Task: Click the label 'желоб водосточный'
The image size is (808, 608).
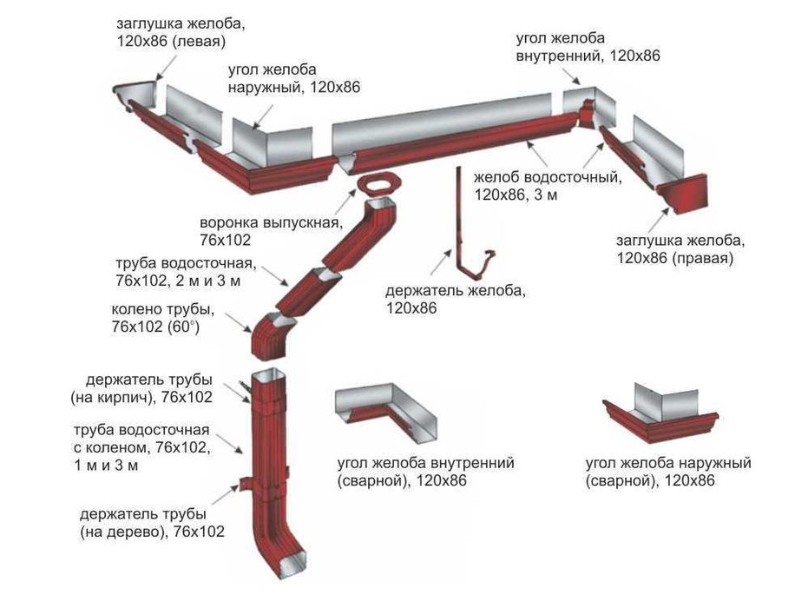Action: coord(548,178)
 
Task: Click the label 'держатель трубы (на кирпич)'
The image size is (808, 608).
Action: coord(149,388)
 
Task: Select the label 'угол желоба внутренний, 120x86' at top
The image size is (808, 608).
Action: coord(588,47)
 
